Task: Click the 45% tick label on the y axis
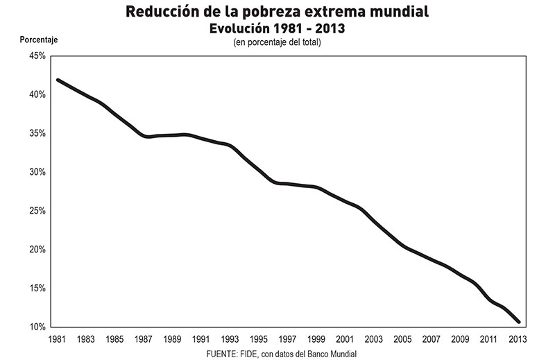click(37, 56)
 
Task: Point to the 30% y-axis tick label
click(37, 172)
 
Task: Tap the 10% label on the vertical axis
click(37, 327)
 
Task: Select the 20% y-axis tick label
click(37, 250)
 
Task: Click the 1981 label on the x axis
click(57, 339)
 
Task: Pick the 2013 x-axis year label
click(518, 339)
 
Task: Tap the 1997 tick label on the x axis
click(287, 339)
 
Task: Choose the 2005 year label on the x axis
click(402, 339)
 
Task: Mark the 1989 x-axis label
click(172, 339)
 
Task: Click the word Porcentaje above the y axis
click(39, 40)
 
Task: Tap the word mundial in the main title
click(400, 11)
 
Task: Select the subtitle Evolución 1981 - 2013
click(277, 28)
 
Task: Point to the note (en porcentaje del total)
click(277, 42)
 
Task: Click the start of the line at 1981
click(58, 80)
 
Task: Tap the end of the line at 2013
click(519, 322)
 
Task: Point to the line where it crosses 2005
click(402, 246)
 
